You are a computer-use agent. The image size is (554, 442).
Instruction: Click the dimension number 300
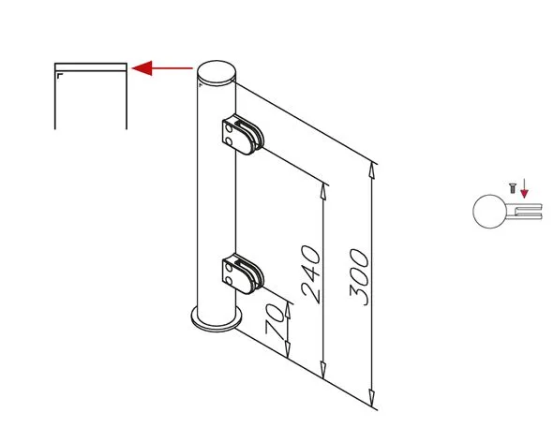(x=359, y=277)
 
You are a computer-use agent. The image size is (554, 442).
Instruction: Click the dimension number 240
(x=311, y=274)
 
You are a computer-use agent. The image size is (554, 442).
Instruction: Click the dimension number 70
(x=275, y=321)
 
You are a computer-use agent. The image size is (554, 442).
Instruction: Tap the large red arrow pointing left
(x=162, y=68)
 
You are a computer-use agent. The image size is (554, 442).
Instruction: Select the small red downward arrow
(x=524, y=188)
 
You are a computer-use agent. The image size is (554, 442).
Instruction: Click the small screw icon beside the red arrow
(x=513, y=188)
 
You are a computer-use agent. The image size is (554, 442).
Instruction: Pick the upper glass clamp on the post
(x=243, y=135)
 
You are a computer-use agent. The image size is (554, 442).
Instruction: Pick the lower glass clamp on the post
(x=243, y=273)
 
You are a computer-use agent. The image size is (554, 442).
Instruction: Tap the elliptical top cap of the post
(x=217, y=73)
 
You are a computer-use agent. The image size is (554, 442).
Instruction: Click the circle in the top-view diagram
(x=489, y=212)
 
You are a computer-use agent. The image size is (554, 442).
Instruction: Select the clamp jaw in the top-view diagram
(x=524, y=212)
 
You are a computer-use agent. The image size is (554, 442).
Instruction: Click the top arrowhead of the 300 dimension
(x=372, y=169)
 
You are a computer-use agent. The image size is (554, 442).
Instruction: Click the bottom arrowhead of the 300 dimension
(x=372, y=399)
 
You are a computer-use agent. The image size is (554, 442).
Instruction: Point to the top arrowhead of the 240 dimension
(x=323, y=192)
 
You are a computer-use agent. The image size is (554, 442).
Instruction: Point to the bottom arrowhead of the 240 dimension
(x=323, y=370)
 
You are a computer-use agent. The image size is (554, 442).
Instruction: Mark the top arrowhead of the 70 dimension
(x=288, y=310)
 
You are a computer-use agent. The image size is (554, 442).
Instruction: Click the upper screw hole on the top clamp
(x=230, y=128)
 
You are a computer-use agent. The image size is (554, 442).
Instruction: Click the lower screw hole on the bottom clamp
(x=230, y=281)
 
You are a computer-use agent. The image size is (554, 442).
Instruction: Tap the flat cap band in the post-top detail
(x=91, y=67)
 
